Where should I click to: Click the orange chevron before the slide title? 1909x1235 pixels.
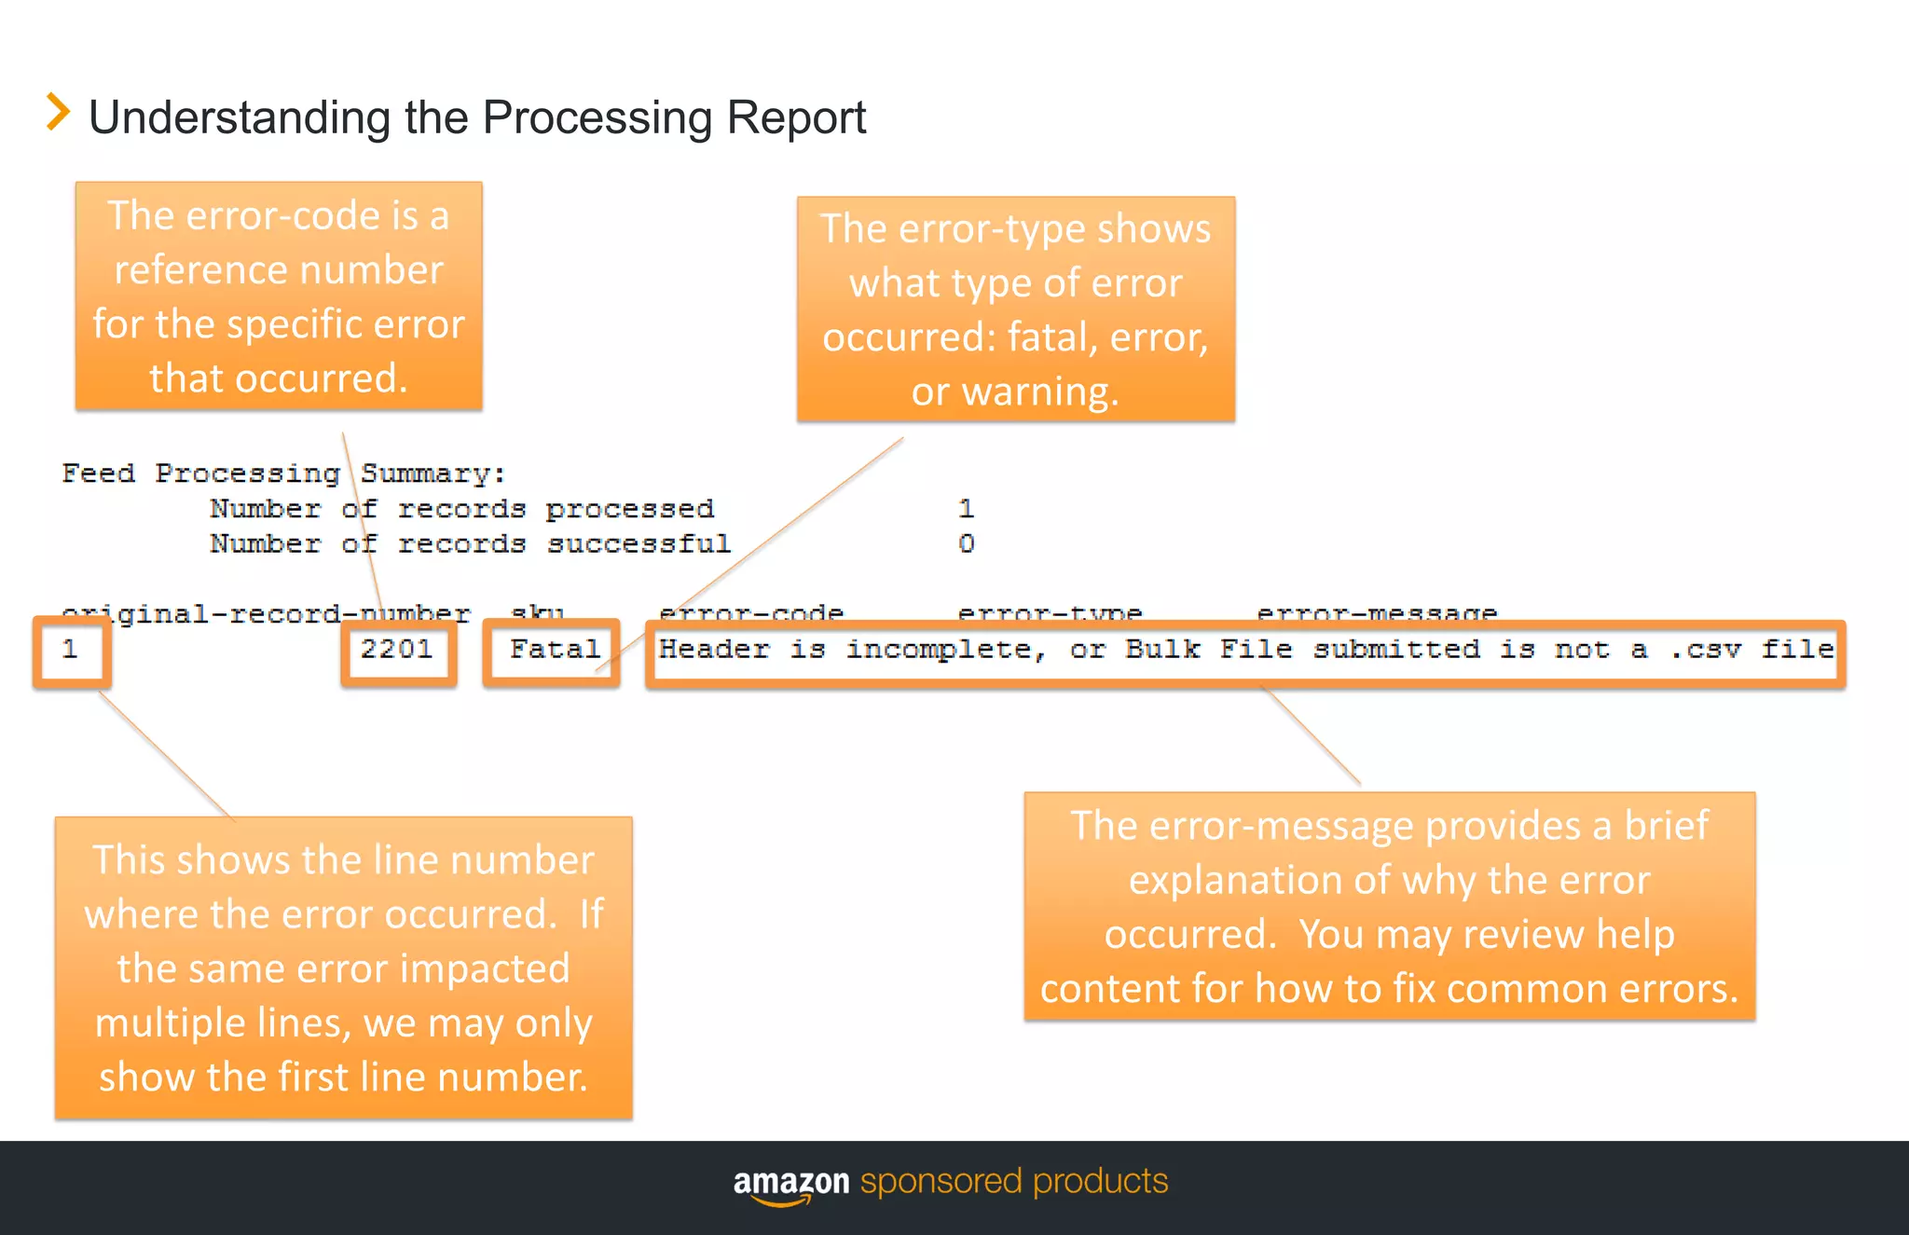58,113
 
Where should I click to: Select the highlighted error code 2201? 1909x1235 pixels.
397,649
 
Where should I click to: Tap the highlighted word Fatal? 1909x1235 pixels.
555,649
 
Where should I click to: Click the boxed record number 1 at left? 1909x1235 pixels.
70,649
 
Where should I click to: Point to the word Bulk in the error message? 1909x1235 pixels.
1162,649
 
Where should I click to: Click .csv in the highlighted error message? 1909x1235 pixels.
1705,649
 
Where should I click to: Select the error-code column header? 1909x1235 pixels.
751,612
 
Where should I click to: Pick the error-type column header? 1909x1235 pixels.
1050,612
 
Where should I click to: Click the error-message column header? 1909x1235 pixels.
1377,612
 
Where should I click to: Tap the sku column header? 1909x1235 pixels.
538,612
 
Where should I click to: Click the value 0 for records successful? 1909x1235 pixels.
967,543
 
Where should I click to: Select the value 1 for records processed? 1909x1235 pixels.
967,509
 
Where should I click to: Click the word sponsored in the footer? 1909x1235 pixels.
941,1182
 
